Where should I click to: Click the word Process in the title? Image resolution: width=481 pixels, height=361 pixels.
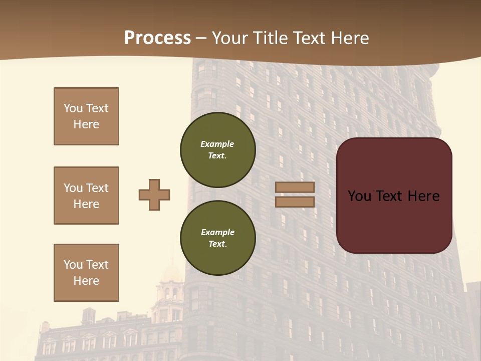[x=157, y=38]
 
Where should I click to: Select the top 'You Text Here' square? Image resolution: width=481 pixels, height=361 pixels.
[x=86, y=116]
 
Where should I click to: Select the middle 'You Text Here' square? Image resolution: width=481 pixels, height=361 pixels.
[x=86, y=196]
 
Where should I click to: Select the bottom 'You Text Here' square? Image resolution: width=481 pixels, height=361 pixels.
[x=86, y=273]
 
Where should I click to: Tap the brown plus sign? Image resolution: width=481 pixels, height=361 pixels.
[x=154, y=195]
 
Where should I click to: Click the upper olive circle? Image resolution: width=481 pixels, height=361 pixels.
[x=217, y=149]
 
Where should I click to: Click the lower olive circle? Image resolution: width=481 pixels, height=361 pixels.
[x=217, y=238]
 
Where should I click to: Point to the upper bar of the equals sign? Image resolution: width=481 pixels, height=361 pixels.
[x=295, y=188]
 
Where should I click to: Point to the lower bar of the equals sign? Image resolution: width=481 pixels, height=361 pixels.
[x=295, y=202]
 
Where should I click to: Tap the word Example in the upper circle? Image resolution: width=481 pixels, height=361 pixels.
[x=217, y=144]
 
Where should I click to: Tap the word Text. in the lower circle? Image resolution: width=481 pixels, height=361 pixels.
[x=217, y=244]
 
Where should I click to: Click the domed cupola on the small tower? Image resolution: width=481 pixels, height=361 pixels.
[x=172, y=273]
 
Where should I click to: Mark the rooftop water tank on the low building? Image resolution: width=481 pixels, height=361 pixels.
[x=89, y=315]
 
